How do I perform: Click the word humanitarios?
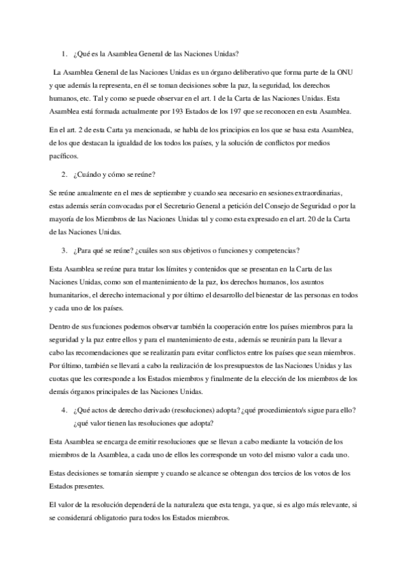pos(72,296)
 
